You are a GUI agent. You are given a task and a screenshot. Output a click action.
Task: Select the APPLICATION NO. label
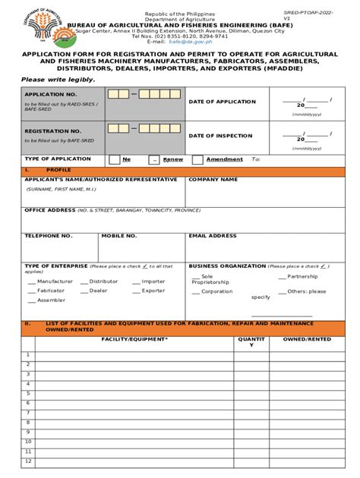pyautogui.click(x=47, y=94)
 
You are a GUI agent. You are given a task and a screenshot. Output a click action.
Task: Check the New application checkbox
pyautogui.click(x=114, y=160)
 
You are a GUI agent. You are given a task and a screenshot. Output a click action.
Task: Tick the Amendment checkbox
pyautogui.click(x=197, y=160)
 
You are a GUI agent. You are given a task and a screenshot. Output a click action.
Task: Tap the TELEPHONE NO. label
pyautogui.click(x=49, y=236)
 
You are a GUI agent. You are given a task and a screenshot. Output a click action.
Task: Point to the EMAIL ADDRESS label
pyautogui.click(x=213, y=236)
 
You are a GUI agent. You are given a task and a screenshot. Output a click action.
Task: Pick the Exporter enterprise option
pyautogui.click(x=153, y=291)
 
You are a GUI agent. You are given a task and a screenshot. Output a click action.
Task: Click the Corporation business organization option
pyautogui.click(x=217, y=291)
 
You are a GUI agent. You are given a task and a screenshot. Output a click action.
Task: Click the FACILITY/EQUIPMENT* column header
pyautogui.click(x=134, y=341)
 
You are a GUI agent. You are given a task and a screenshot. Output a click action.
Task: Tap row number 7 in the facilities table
pyautogui.click(x=27, y=415)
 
